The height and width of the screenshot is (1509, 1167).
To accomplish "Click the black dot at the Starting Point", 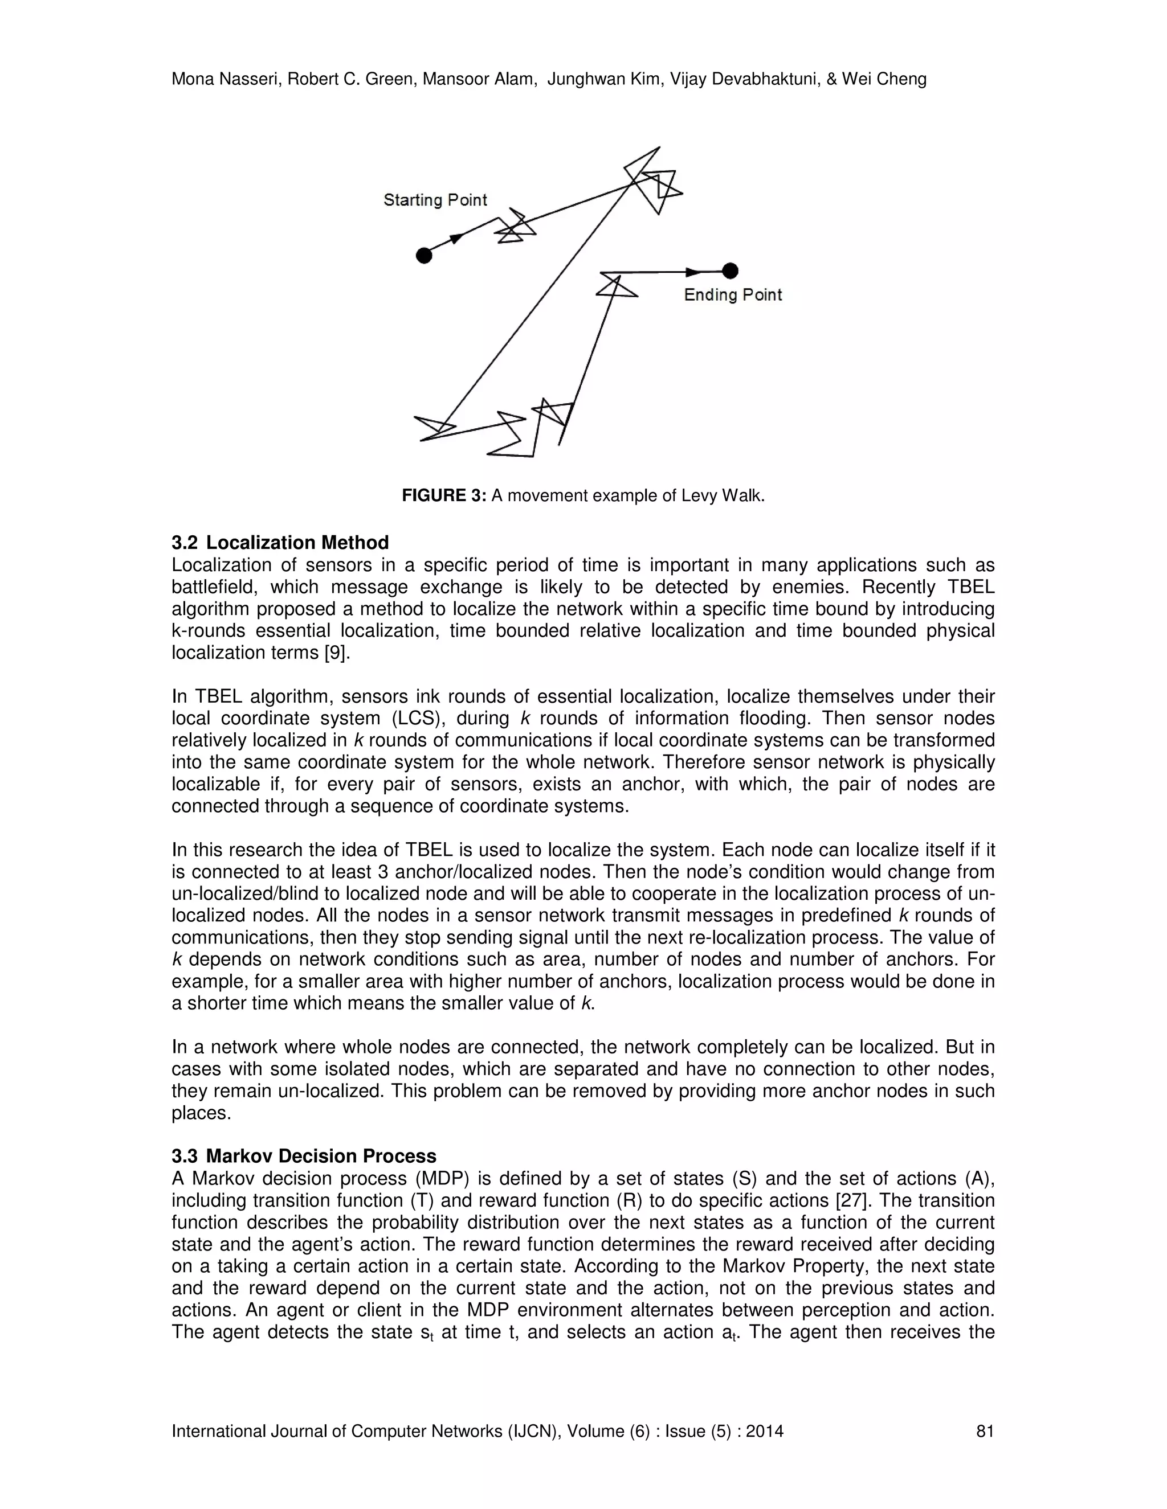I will click(424, 256).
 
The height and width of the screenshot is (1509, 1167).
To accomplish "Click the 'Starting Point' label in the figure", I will click(435, 200).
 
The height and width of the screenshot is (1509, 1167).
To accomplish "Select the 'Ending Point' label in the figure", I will click(733, 295).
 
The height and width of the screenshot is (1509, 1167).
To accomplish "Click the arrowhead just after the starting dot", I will click(456, 239).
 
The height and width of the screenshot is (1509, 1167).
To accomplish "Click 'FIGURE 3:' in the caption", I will click(444, 495).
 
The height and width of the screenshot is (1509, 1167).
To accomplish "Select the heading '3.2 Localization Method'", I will click(280, 542).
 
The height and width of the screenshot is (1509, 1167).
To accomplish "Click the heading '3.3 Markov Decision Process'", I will click(304, 1156).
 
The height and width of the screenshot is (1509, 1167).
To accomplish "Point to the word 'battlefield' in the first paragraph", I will click(214, 587).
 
